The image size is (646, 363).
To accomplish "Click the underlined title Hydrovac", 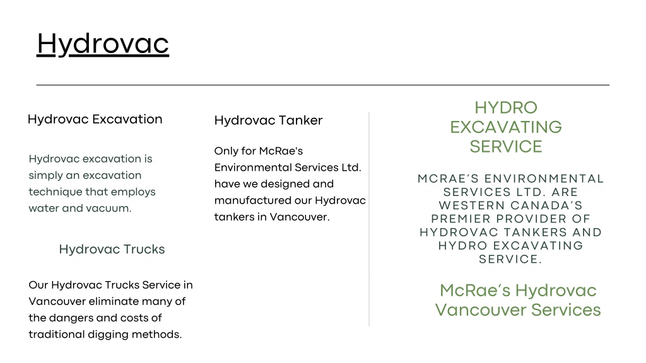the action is [x=103, y=44].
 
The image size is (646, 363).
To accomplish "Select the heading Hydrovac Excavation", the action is [x=95, y=119].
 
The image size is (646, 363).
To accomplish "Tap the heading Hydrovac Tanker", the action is [x=268, y=120].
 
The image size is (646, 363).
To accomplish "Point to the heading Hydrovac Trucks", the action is [x=112, y=250].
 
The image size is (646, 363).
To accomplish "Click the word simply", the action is [x=45, y=176].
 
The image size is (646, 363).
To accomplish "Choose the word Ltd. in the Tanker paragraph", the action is [x=351, y=168].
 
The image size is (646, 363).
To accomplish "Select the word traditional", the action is [x=54, y=334].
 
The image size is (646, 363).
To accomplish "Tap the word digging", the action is [x=106, y=335].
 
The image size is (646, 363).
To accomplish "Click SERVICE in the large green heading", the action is [x=506, y=146].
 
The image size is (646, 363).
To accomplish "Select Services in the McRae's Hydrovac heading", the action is [x=566, y=310].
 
